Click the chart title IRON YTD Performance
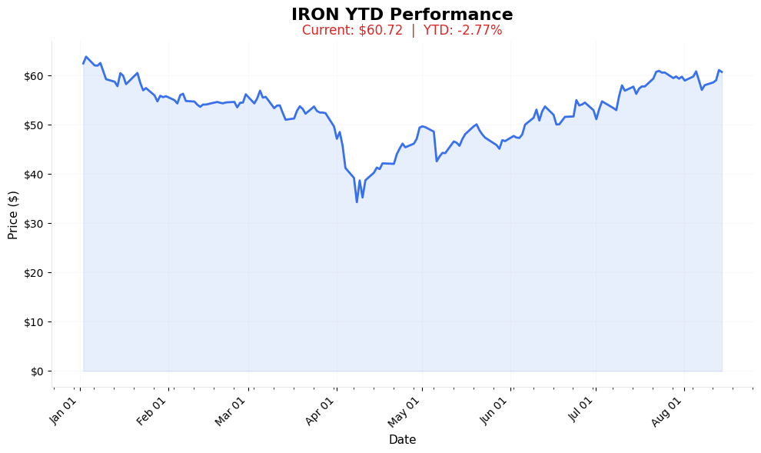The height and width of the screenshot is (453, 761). (x=402, y=15)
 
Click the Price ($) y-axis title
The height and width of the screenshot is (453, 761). (x=13, y=204)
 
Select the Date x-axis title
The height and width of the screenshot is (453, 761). (x=402, y=440)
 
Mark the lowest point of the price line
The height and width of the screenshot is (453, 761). (x=357, y=202)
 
